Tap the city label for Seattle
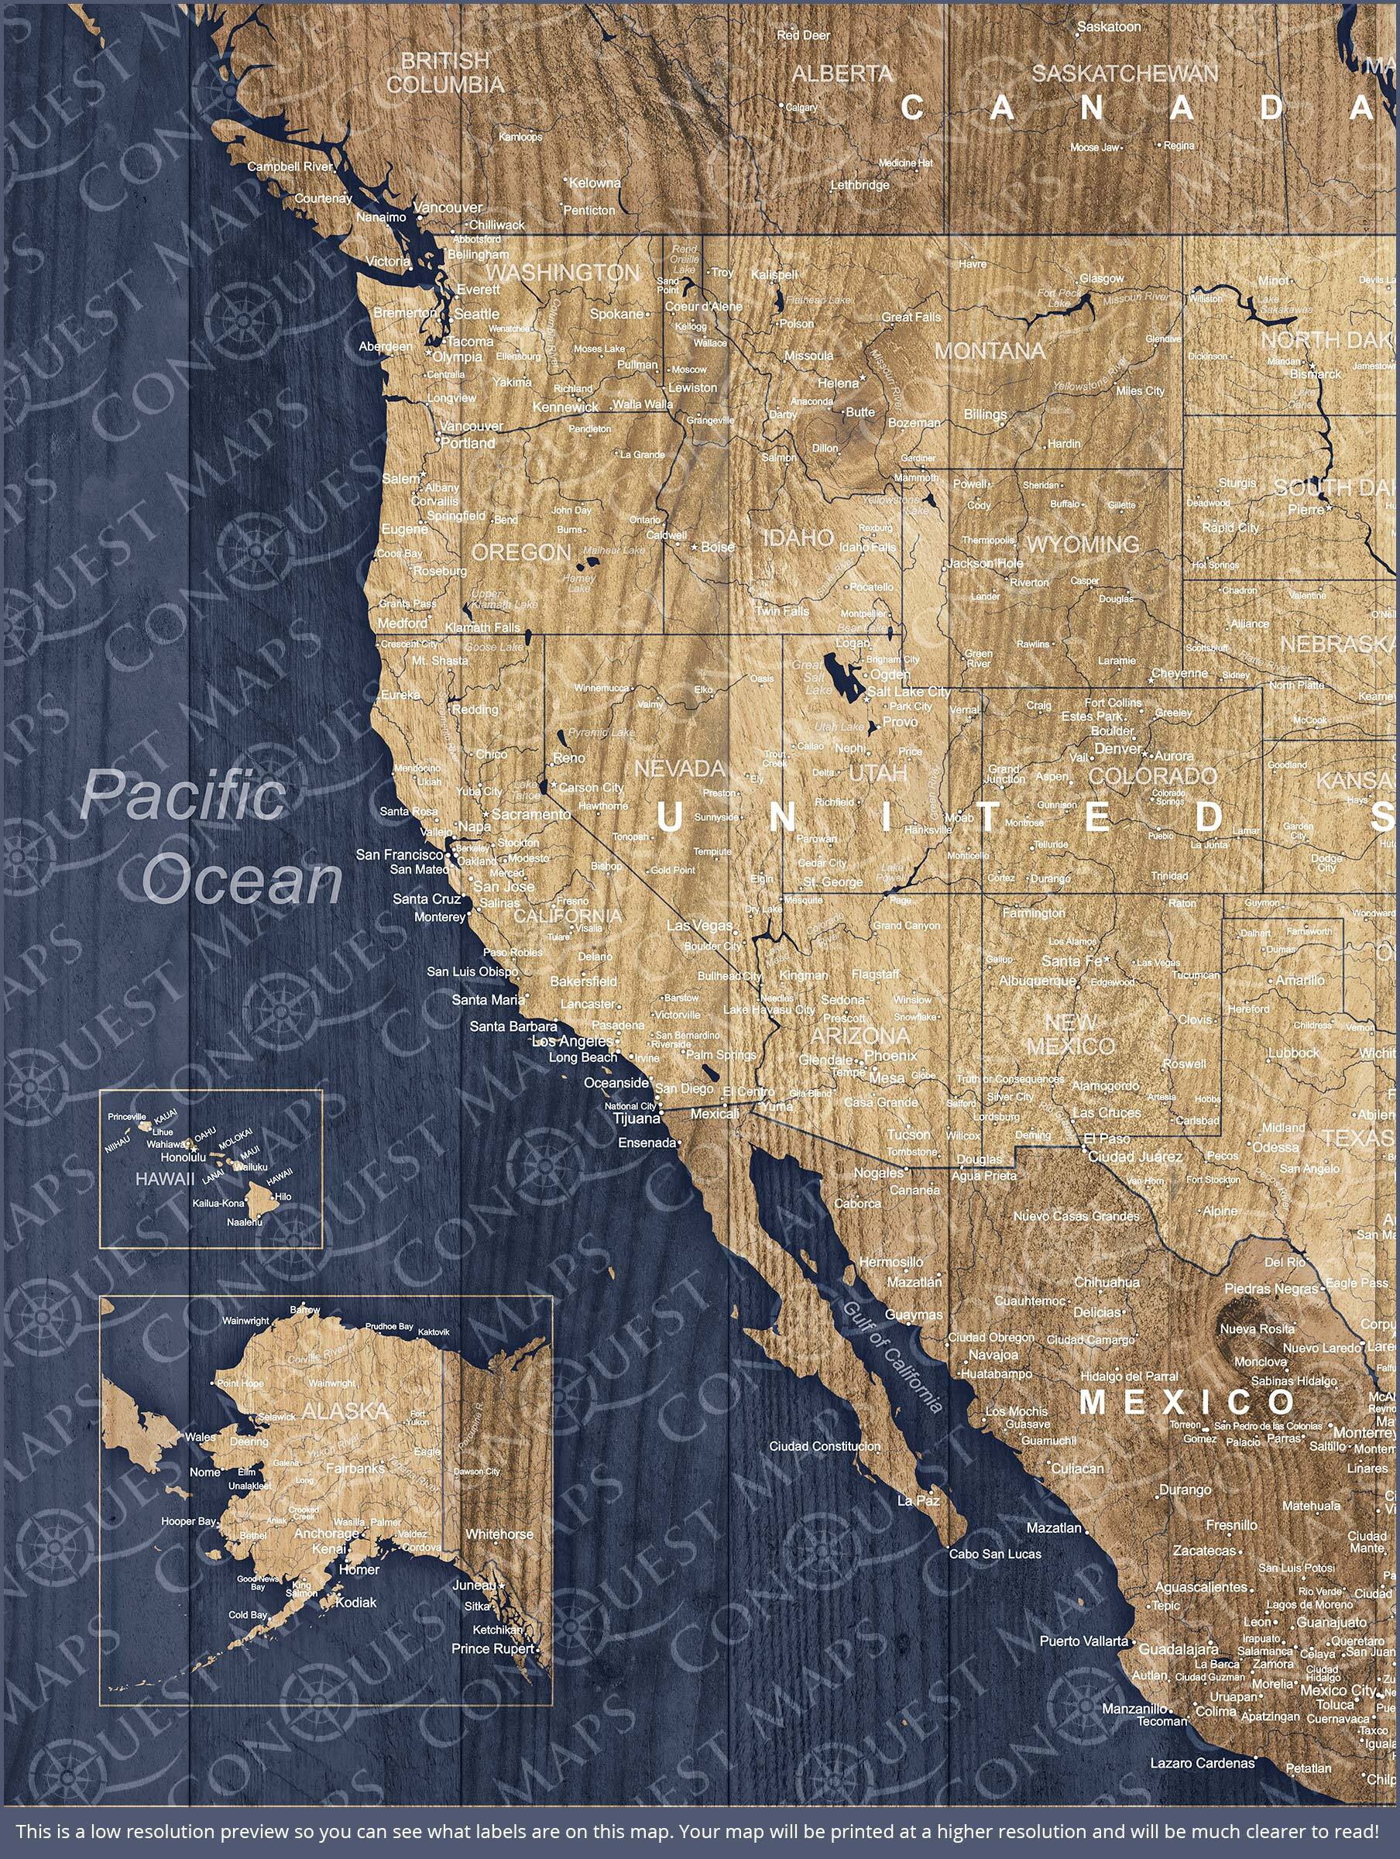477,314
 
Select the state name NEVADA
679,768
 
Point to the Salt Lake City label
909,692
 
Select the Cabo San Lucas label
995,1554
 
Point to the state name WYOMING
1083,544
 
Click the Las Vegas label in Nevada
699,926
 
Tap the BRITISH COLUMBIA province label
444,72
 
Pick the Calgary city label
801,107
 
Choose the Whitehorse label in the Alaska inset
499,1534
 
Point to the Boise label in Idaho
718,546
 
